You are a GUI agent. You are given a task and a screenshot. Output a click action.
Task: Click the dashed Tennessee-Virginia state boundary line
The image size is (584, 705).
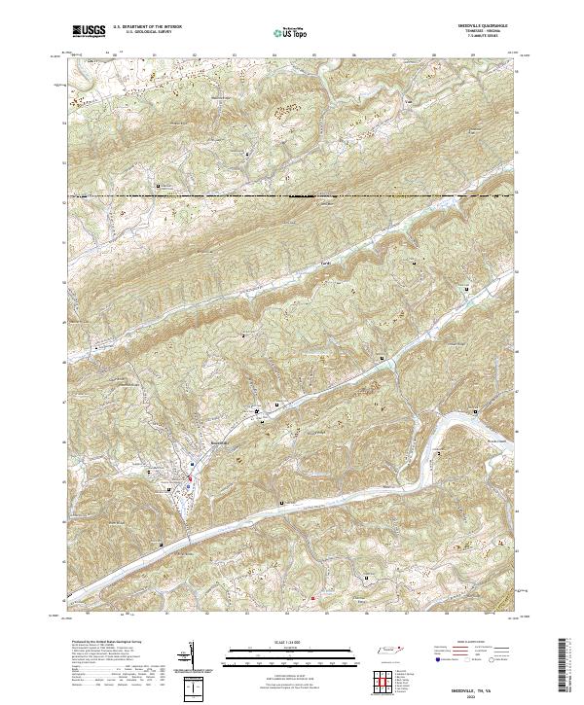(292, 197)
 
